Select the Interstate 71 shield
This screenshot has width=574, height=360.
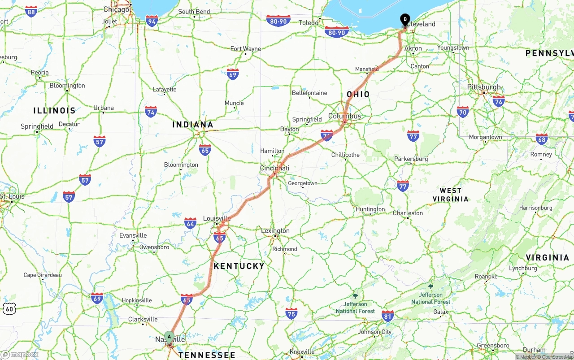[327, 135]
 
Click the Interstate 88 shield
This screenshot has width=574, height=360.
[31, 11]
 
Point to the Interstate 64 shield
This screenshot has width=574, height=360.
[190, 223]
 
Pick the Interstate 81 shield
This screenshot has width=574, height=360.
[388, 315]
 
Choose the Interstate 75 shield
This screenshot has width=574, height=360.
[291, 313]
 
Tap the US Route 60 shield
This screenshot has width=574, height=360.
[9, 308]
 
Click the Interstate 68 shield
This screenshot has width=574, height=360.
[542, 139]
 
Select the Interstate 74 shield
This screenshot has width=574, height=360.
[151, 111]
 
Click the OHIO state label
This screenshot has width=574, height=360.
[358, 94]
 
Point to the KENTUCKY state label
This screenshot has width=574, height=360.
[239, 266]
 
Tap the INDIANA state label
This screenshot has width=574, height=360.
[193, 125]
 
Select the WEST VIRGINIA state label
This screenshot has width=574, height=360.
[451, 195]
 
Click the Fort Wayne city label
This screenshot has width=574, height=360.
[246, 49]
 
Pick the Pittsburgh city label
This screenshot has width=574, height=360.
[484, 87]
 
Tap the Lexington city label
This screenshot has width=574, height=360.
[275, 231]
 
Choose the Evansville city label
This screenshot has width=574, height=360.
[133, 235]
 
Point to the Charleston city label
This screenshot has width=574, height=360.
[408, 213]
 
